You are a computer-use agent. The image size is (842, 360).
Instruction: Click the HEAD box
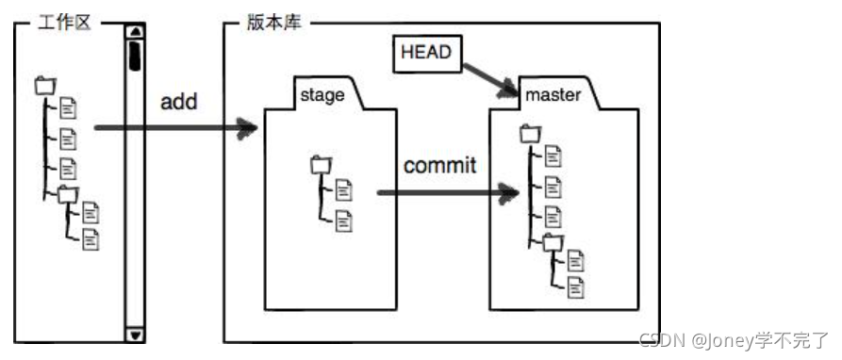point(427,54)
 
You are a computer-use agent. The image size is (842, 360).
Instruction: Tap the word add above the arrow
point(178,102)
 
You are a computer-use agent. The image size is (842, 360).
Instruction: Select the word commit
point(439,166)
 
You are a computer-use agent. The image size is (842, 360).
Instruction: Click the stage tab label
point(322,94)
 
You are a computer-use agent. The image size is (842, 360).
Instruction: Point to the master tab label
point(553,94)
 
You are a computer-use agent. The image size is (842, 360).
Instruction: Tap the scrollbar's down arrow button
point(135,334)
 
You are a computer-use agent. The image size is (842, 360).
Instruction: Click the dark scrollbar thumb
point(135,55)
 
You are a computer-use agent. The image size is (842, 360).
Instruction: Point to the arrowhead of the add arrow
point(249,129)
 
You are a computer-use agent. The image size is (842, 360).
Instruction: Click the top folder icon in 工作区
point(44,87)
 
